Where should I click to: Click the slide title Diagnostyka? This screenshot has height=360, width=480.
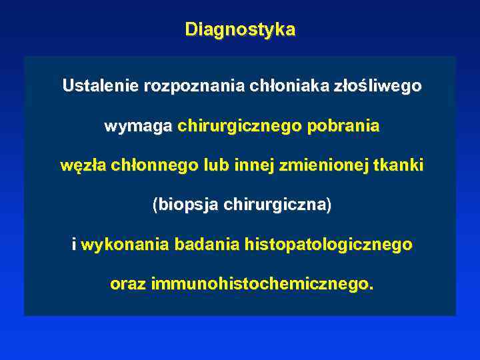(240, 30)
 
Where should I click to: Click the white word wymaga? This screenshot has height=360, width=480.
(138, 126)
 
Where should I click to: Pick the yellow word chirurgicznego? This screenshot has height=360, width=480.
(240, 126)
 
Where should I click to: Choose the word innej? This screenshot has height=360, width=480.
(254, 165)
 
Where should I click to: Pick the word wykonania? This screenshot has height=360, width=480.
(125, 245)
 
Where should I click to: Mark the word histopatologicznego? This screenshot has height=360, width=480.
(329, 245)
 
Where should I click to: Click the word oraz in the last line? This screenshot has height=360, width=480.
(128, 284)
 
